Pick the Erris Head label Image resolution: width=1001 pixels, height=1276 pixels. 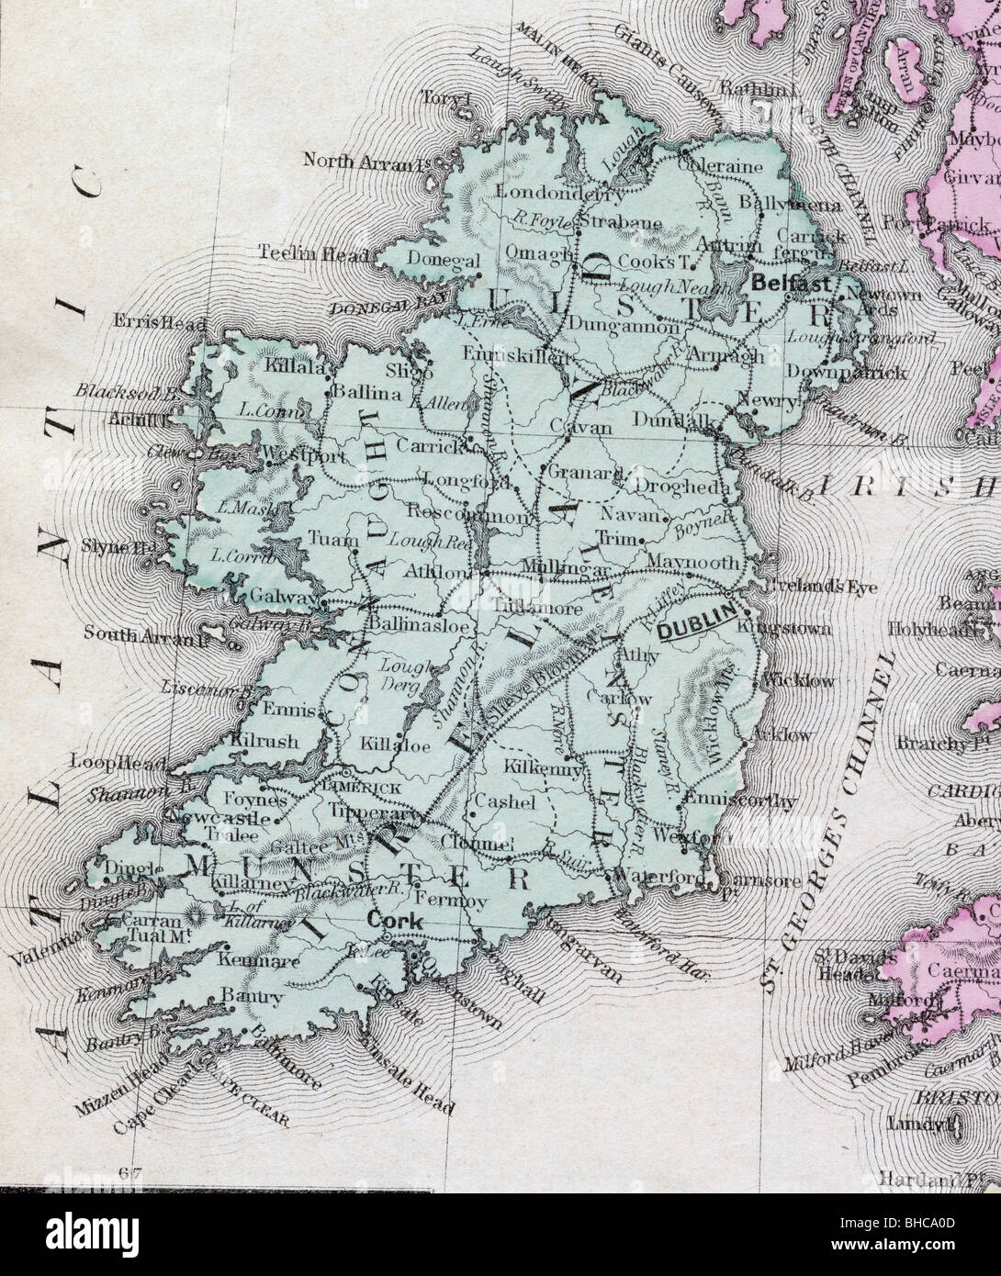(149, 323)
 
